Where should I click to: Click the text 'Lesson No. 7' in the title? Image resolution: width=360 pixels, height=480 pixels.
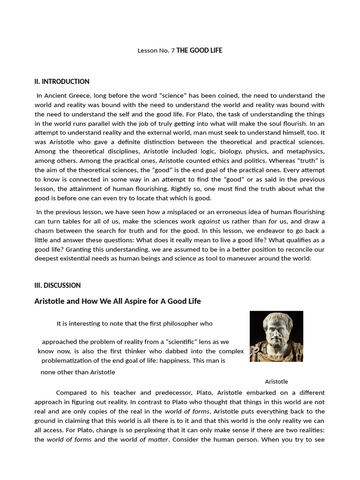tap(156, 51)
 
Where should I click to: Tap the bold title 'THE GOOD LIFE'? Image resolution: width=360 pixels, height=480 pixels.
tap(199, 51)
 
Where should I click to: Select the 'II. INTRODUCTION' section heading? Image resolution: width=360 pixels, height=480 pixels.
tap(62, 82)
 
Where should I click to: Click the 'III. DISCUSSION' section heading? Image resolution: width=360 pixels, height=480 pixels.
tap(58, 285)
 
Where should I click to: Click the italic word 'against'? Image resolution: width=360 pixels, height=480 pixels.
tap(209, 221)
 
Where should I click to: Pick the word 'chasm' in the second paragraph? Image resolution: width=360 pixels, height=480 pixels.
tap(45, 231)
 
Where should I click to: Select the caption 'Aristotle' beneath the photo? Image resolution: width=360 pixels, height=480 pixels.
tap(277, 382)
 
